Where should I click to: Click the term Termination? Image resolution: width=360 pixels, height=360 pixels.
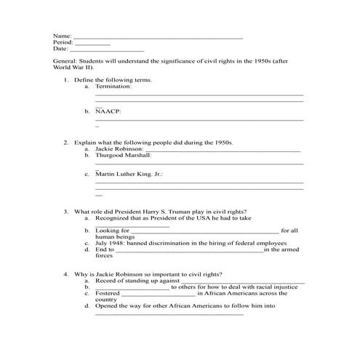pos(113,87)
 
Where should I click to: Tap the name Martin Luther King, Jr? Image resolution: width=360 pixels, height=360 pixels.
pos(128,175)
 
